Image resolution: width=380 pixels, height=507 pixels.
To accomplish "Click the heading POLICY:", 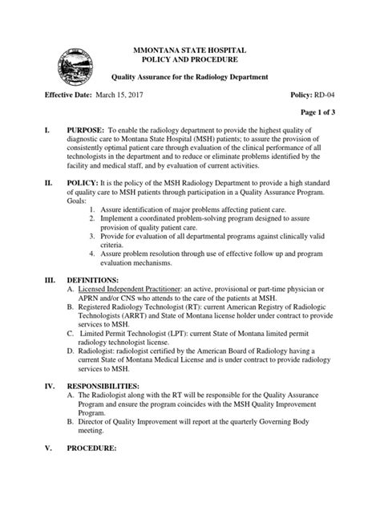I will (79, 206).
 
